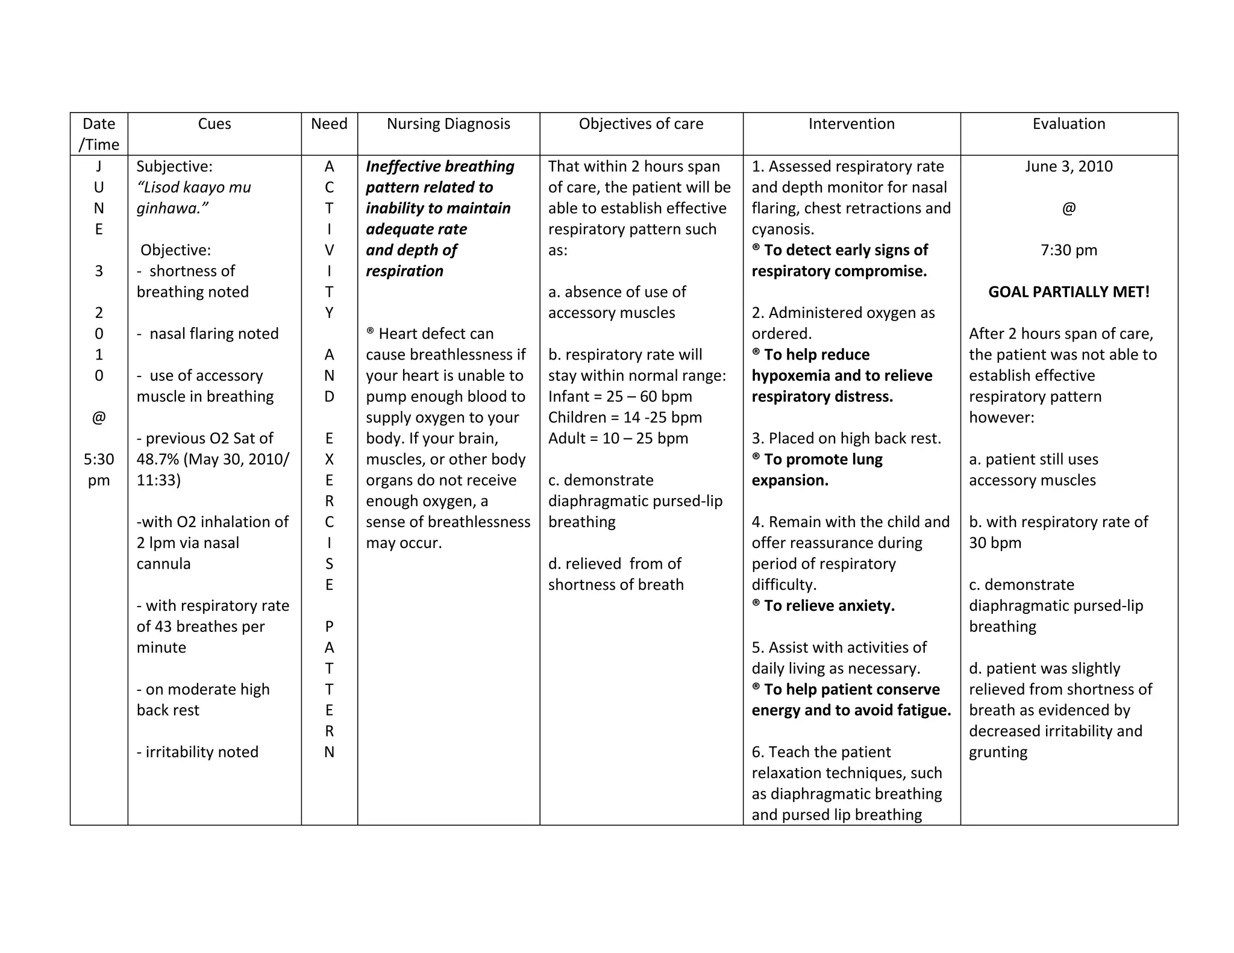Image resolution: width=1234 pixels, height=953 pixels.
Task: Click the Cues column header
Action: (215, 124)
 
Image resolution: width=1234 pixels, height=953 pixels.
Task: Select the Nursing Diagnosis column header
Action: (448, 124)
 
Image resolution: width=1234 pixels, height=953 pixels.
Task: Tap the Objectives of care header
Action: (641, 124)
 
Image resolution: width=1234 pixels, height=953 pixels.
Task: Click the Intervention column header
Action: (851, 124)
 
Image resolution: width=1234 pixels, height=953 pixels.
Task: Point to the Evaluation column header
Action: (1069, 124)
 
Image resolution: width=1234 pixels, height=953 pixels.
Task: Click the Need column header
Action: (329, 124)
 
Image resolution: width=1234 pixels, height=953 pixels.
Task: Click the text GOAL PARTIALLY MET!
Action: (1069, 292)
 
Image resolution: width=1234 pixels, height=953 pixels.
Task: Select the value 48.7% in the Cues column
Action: (158, 460)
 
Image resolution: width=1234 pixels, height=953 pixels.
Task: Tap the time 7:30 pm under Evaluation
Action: (1069, 250)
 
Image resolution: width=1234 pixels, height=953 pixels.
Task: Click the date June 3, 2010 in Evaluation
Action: (1069, 166)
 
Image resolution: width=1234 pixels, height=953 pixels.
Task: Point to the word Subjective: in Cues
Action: (175, 166)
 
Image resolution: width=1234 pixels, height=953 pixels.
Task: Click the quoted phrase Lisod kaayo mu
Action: (194, 187)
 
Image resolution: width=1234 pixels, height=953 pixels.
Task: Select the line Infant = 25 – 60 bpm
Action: (620, 396)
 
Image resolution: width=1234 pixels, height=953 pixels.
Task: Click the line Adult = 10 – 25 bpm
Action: (618, 439)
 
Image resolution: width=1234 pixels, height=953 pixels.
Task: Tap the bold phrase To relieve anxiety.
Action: (828, 606)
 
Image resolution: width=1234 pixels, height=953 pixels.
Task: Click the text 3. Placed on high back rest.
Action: (847, 439)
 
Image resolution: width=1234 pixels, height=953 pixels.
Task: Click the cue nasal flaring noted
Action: (213, 334)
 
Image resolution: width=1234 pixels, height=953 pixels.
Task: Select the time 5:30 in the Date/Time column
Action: (99, 460)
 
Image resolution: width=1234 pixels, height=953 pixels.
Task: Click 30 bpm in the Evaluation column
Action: (995, 543)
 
